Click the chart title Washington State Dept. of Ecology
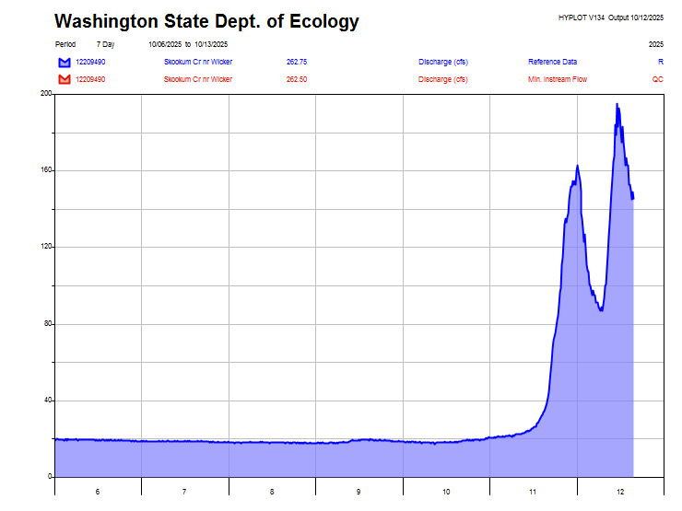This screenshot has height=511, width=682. (206, 21)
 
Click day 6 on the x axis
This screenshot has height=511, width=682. (98, 493)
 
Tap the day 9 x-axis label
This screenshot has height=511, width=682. (359, 493)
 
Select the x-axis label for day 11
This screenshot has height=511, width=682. (533, 493)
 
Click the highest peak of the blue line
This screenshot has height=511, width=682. (617, 104)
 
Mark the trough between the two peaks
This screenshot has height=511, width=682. (601, 310)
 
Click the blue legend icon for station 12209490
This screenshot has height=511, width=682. (64, 62)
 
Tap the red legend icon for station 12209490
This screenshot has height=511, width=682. (64, 79)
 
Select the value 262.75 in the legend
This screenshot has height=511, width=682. (297, 62)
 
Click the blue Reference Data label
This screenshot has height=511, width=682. (552, 62)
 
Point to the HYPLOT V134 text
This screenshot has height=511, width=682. (581, 17)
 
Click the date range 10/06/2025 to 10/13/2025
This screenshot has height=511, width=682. (188, 44)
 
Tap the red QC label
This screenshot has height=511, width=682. (658, 79)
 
